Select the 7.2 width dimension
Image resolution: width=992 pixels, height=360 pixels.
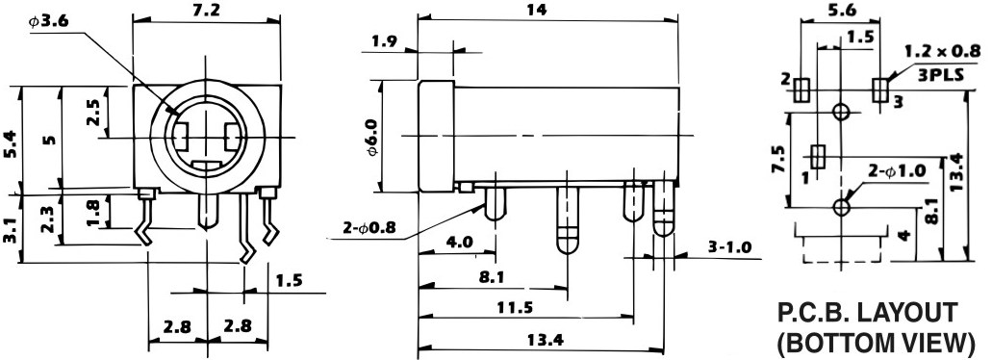[x=206, y=10]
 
